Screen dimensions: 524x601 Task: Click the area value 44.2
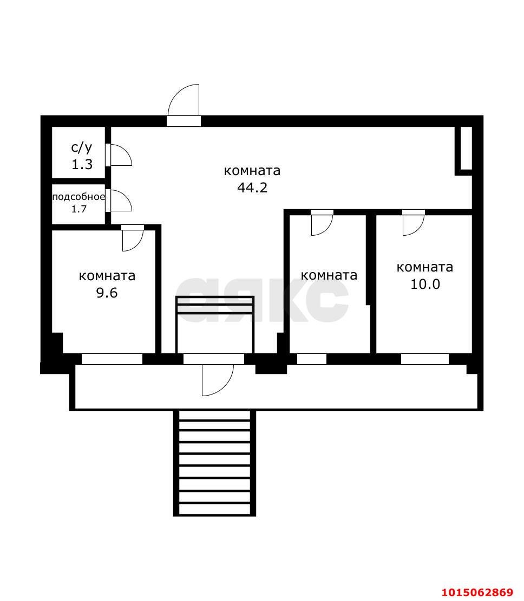tap(252, 188)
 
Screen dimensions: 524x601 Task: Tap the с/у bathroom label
tap(82, 147)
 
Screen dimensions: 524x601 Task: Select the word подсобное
tap(78, 197)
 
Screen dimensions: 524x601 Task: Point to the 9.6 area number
tap(107, 293)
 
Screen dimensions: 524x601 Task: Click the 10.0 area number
tap(425, 284)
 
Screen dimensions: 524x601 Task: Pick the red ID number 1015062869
tap(477, 592)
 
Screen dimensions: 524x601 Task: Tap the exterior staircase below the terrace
tap(214, 463)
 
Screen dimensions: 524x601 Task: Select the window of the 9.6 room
tap(112, 359)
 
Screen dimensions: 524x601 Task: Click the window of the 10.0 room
tap(425, 359)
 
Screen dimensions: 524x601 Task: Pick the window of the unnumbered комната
tap(312, 359)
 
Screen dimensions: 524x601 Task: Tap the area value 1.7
tap(79, 209)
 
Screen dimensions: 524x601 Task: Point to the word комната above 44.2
tap(252, 171)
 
